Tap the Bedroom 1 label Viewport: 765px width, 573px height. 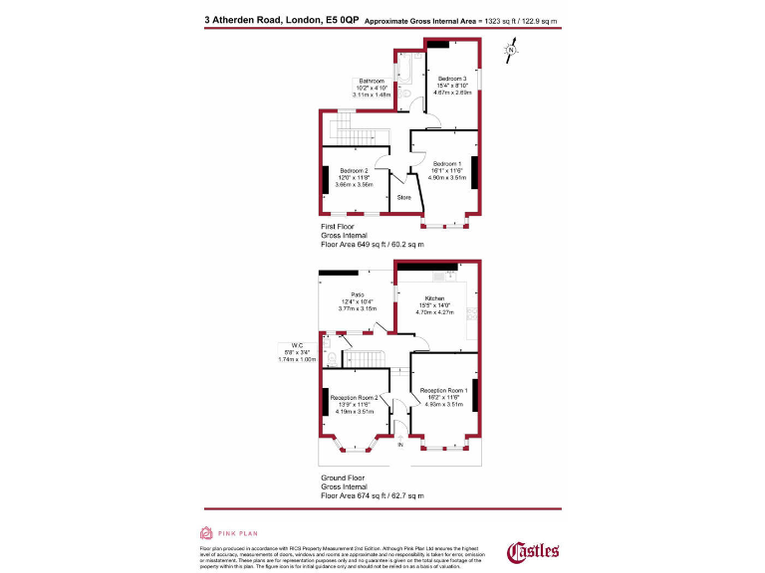(x=446, y=163)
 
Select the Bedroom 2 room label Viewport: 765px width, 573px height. (x=353, y=171)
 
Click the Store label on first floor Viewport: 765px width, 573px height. (x=404, y=198)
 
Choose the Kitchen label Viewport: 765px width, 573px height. (x=433, y=298)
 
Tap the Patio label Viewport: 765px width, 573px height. (x=357, y=294)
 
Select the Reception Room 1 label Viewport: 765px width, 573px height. (x=444, y=390)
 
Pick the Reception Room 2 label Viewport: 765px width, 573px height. (x=354, y=397)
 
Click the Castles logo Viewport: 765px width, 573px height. (x=534, y=550)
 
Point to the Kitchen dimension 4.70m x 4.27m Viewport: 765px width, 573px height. (x=434, y=312)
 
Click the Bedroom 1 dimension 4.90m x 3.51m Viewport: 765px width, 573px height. (x=446, y=177)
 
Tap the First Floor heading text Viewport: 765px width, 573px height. (x=344, y=227)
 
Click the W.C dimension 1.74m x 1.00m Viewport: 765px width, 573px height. (x=298, y=359)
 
